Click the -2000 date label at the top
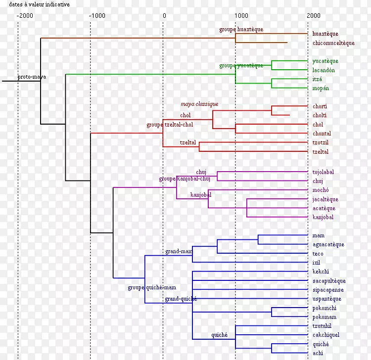tap(25, 15)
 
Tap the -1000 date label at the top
tap(97, 15)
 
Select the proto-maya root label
tap(32, 77)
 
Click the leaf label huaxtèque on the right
tap(325, 34)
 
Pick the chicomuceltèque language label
tap(333, 43)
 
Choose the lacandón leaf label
tap(324, 70)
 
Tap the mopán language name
tap(321, 88)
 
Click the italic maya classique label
tap(199, 104)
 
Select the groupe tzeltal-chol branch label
tap(170, 125)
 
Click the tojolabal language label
tap(323, 172)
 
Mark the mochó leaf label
tap(321, 190)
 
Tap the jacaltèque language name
tap(325, 199)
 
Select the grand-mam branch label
tap(179, 252)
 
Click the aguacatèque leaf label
tap(328, 244)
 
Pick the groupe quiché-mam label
tap(152, 288)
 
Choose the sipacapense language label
tap(327, 290)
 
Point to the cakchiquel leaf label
tap(325, 335)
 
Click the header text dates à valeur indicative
tap(40, 4)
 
